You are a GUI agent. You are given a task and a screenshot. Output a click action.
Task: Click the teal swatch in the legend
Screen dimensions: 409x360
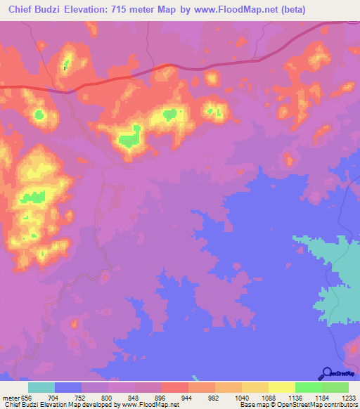(x=41, y=387)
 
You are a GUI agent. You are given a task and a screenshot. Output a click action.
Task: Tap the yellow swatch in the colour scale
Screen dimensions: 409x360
(x=282, y=387)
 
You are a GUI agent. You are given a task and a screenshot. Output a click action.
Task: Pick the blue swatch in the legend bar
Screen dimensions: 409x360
(x=68, y=387)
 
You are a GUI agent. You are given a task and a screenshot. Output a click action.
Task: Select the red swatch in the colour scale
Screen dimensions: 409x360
(x=175, y=387)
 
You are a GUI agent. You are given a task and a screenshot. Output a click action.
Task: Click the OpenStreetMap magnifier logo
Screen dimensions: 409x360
(x=326, y=373)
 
